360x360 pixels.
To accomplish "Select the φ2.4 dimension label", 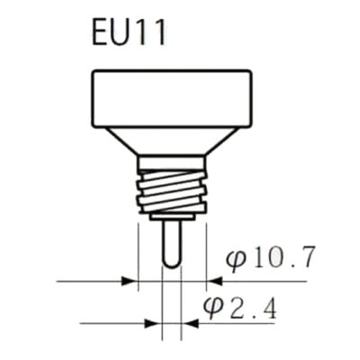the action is pyautogui.click(x=239, y=308).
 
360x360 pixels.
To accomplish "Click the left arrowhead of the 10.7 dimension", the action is pyautogui.click(x=129, y=282).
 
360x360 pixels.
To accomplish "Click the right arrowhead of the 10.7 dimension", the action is pyautogui.click(x=214, y=282).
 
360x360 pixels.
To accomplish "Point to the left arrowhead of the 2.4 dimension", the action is pyautogui.click(x=153, y=324).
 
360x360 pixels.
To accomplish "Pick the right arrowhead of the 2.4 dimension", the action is pyautogui.click(x=190, y=324).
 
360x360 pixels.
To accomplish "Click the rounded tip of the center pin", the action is pyautogui.click(x=172, y=264).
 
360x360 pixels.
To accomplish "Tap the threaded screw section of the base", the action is pyautogui.click(x=172, y=193).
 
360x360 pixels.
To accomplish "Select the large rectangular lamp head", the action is pyautogui.click(x=171, y=99).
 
